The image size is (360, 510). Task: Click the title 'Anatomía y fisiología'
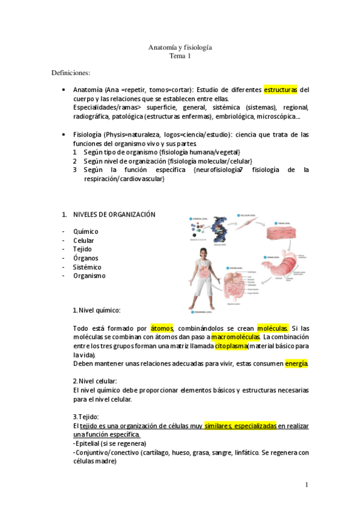tap(180, 47)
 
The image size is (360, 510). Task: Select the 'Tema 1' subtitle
tap(180, 56)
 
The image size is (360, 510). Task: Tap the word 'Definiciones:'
tap(70, 73)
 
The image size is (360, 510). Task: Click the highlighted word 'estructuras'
tap(280, 90)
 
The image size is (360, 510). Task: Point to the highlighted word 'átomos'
tap(162, 328)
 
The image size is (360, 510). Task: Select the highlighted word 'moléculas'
tap(273, 328)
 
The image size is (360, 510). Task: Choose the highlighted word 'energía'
tap(296, 364)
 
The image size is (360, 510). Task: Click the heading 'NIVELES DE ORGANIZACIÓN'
tap(114, 214)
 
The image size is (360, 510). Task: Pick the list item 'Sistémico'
tap(87, 267)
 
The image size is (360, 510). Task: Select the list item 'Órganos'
tap(86, 258)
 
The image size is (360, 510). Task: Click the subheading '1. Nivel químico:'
tap(96, 310)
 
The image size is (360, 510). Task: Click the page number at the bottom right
tap(307, 485)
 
